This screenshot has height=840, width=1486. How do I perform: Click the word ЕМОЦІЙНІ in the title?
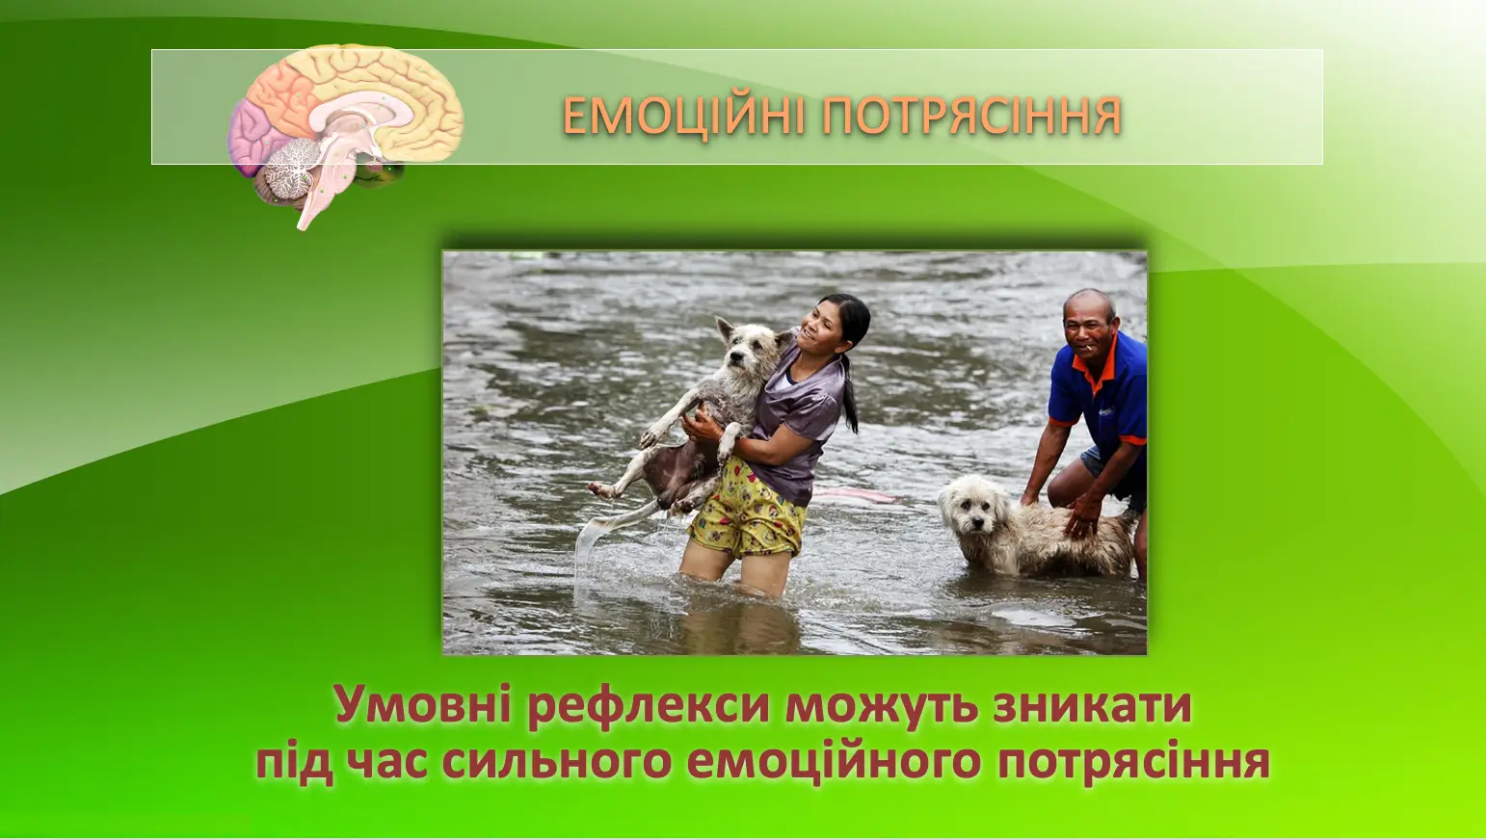684,116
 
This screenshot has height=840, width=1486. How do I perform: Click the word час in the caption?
385,762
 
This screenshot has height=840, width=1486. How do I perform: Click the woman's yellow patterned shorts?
746,508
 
